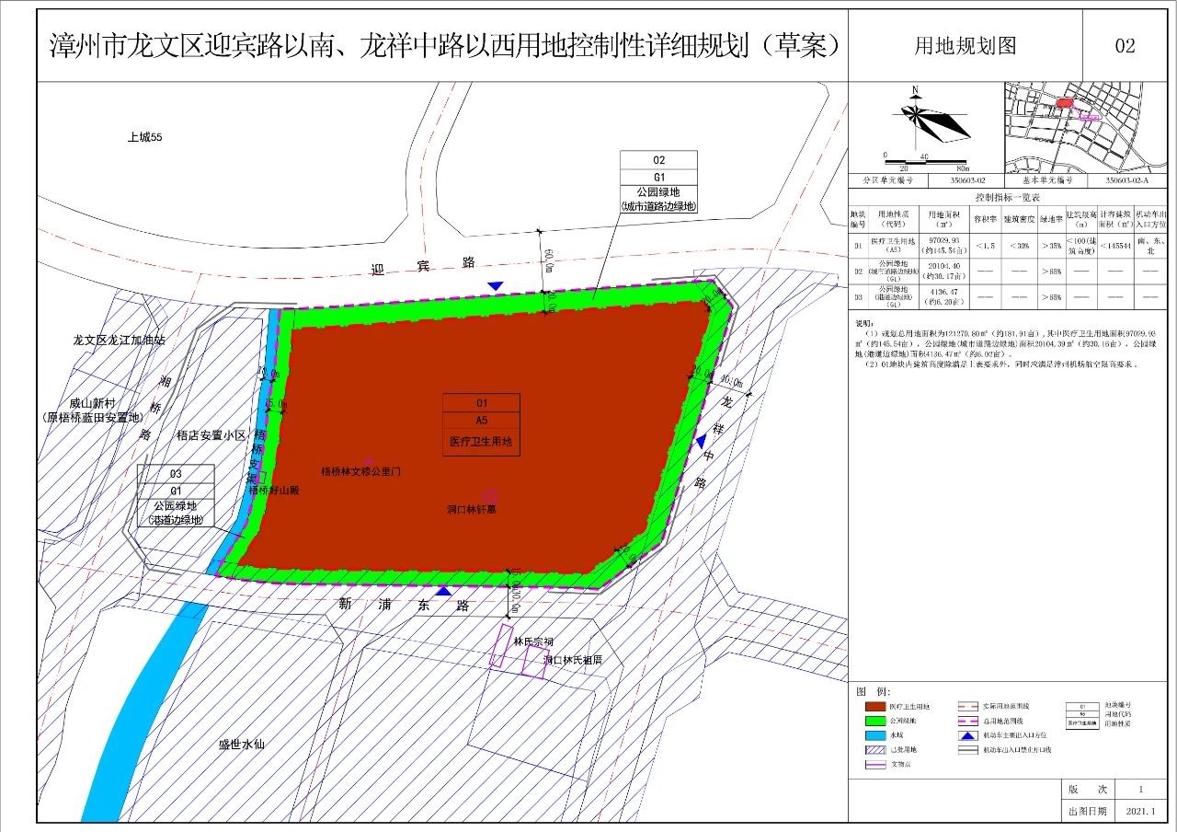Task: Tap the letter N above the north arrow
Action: click(x=916, y=90)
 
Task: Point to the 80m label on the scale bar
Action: click(x=962, y=168)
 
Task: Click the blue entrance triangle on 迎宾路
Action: click(x=496, y=286)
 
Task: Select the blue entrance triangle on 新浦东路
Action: click(x=443, y=591)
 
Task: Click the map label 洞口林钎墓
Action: click(x=472, y=509)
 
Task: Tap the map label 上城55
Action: click(x=145, y=137)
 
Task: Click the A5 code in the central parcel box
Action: click(x=481, y=422)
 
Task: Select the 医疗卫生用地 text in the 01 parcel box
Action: click(x=481, y=442)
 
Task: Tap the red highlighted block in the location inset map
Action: click(x=1064, y=104)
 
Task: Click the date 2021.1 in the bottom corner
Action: click(x=1140, y=812)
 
